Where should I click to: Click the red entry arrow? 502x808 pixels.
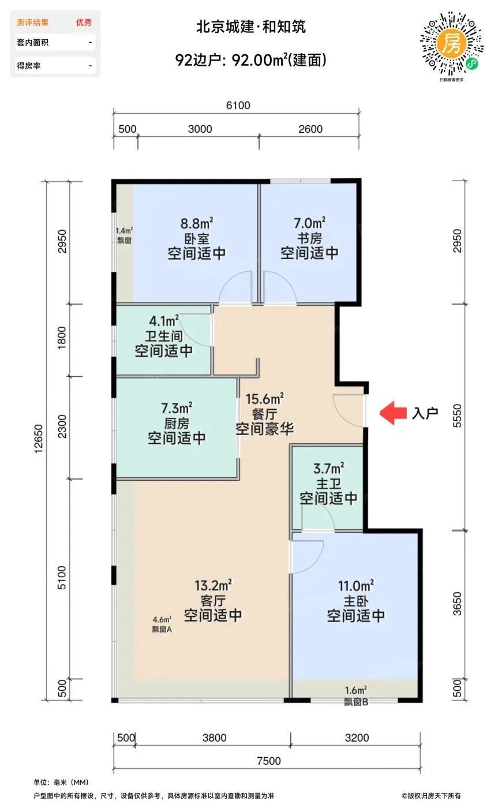(393, 413)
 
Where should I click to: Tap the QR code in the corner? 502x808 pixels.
(451, 44)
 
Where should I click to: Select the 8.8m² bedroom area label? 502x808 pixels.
(197, 224)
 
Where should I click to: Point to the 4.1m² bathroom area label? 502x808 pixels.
(164, 321)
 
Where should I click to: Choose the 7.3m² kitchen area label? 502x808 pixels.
(177, 408)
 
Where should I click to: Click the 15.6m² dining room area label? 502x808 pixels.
(265, 399)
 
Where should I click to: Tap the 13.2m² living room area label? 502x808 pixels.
(213, 585)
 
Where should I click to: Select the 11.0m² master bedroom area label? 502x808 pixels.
(356, 586)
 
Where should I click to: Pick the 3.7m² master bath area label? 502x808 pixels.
(328, 469)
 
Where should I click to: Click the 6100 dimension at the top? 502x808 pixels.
(238, 105)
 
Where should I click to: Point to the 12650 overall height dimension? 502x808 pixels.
(39, 439)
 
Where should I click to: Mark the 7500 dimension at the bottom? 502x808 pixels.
(269, 761)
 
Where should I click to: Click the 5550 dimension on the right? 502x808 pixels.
(457, 416)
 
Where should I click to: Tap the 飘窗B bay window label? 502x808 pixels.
(356, 702)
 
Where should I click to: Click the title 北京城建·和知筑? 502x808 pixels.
(251, 27)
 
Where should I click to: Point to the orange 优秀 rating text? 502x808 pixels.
(84, 23)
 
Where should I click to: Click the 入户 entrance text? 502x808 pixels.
(425, 413)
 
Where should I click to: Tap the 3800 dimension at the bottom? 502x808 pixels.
(214, 738)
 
